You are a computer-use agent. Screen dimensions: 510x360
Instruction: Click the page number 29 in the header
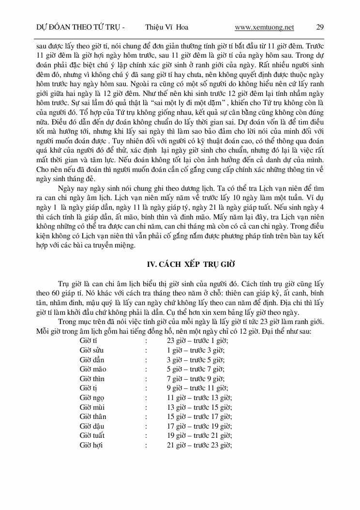[x=320, y=27]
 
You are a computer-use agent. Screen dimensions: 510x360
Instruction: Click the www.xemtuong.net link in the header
[x=264, y=27]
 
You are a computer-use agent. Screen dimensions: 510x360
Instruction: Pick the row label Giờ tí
[x=88, y=340]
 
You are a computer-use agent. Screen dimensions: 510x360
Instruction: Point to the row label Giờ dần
[x=91, y=360]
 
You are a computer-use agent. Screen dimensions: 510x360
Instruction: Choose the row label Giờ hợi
[x=91, y=445]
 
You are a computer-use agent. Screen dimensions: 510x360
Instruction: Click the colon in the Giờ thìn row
[x=146, y=379]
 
